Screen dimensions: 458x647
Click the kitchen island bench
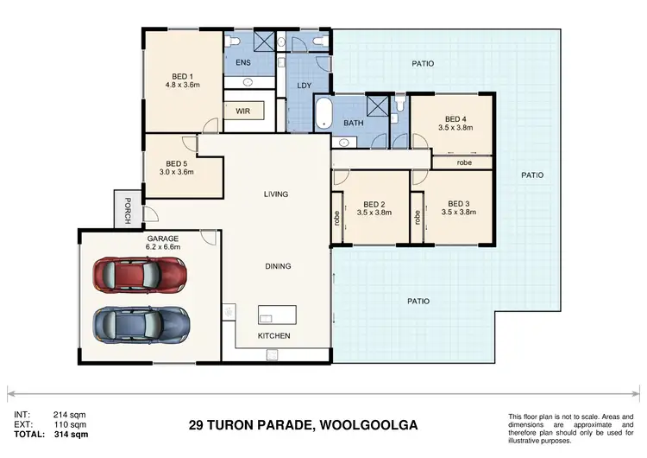pos(277,315)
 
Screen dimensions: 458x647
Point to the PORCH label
pos(127,211)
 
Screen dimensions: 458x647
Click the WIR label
pos(242,111)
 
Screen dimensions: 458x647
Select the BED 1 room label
pos(182,76)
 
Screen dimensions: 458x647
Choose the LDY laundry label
pos(304,86)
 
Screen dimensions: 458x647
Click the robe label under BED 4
pos(464,162)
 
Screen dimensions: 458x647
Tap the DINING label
pos(277,266)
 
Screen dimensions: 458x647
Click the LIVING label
pos(276,194)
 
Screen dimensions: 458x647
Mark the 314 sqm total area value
pos(72,434)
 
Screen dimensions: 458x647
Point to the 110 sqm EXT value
pos(72,424)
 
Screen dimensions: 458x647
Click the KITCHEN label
pos(274,335)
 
